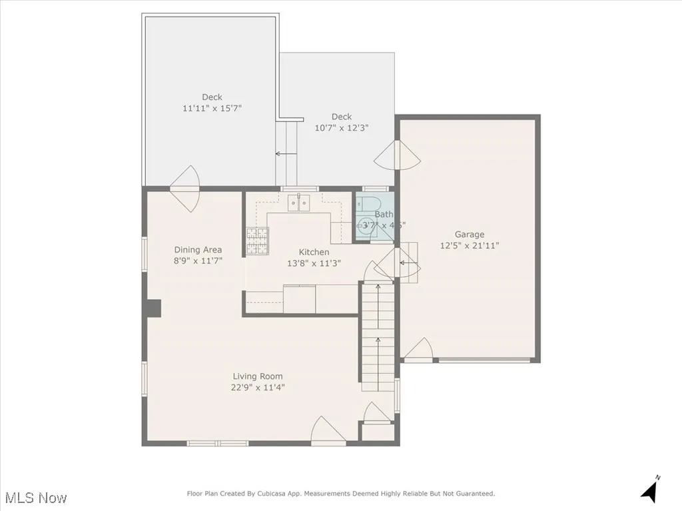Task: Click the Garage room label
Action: pos(470,235)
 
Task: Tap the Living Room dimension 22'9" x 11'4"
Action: pos(258,387)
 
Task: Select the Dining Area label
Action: pos(198,250)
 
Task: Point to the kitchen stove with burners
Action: pos(256,241)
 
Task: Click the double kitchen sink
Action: pos(299,203)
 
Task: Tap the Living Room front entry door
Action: pos(328,431)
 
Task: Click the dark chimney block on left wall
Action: pos(153,308)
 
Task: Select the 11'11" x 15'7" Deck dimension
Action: pos(212,108)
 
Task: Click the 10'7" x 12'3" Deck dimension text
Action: pos(341,127)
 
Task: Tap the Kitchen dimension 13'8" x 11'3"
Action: pos(314,263)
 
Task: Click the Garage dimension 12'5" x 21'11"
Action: pos(470,245)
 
